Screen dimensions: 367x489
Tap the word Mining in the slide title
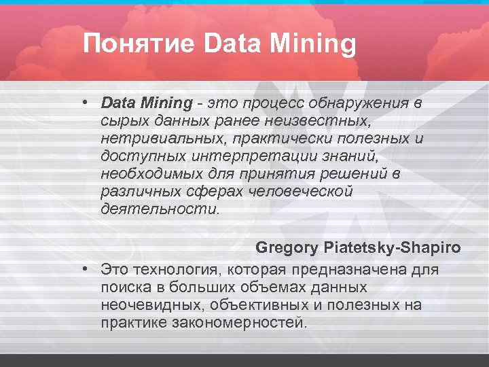point(312,45)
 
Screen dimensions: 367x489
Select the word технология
point(177,270)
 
